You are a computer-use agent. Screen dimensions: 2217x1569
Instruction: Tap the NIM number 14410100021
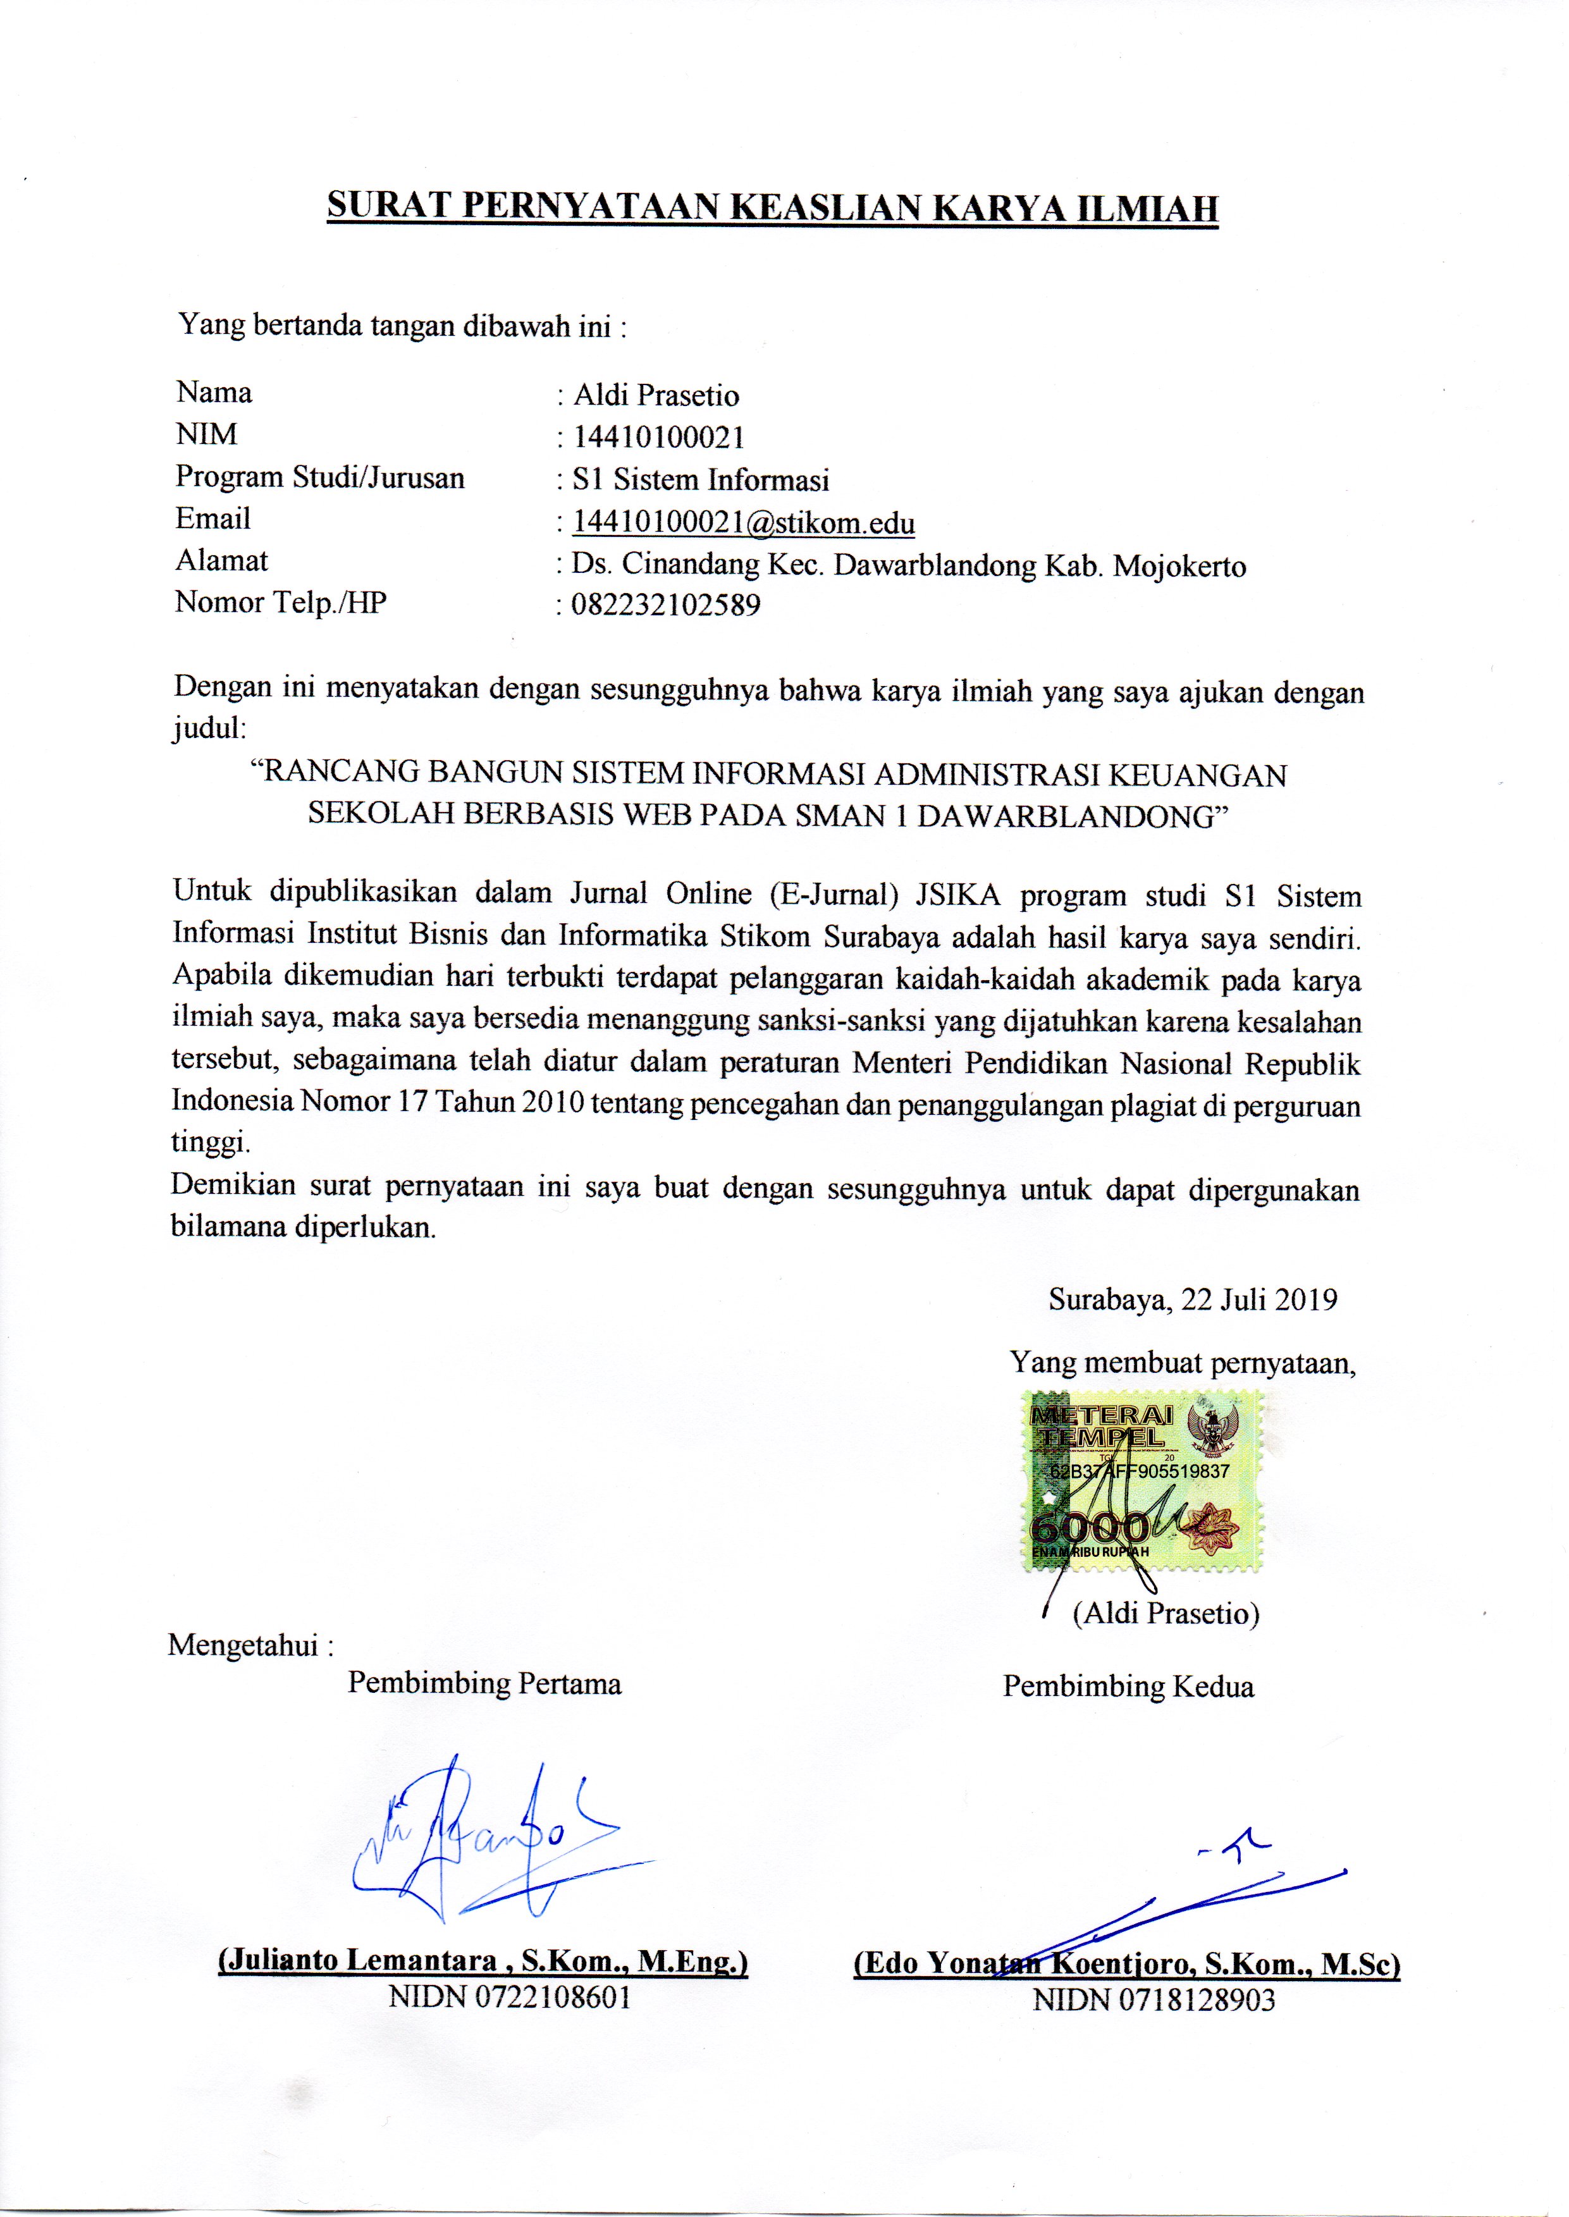[659, 438]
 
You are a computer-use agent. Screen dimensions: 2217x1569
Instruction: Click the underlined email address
[744, 522]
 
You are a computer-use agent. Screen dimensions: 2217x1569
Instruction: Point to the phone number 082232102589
[667, 606]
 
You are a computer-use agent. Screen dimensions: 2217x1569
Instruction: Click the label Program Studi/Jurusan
[320, 477]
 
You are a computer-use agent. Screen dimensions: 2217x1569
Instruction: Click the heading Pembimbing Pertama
[484, 1684]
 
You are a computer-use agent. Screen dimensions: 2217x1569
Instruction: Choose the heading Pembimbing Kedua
[1128, 1686]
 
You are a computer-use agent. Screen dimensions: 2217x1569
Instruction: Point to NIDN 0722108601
[509, 1997]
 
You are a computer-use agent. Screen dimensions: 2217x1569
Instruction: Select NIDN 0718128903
[1154, 1999]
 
